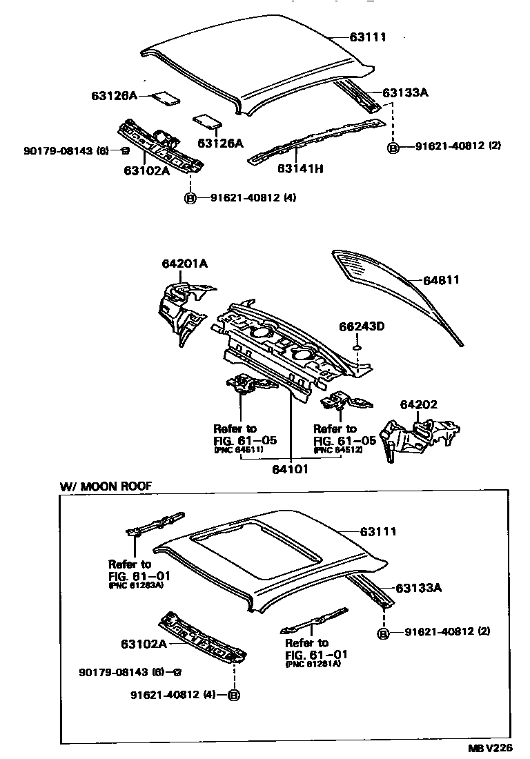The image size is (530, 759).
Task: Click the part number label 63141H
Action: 300,168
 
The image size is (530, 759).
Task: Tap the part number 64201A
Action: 185,263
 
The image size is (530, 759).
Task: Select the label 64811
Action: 441,280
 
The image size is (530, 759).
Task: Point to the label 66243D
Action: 361,326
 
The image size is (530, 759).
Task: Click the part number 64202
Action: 419,405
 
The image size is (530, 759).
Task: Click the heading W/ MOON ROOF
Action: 106,486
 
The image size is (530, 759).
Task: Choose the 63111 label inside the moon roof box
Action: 378,531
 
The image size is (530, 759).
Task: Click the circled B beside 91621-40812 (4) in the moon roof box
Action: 234,695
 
